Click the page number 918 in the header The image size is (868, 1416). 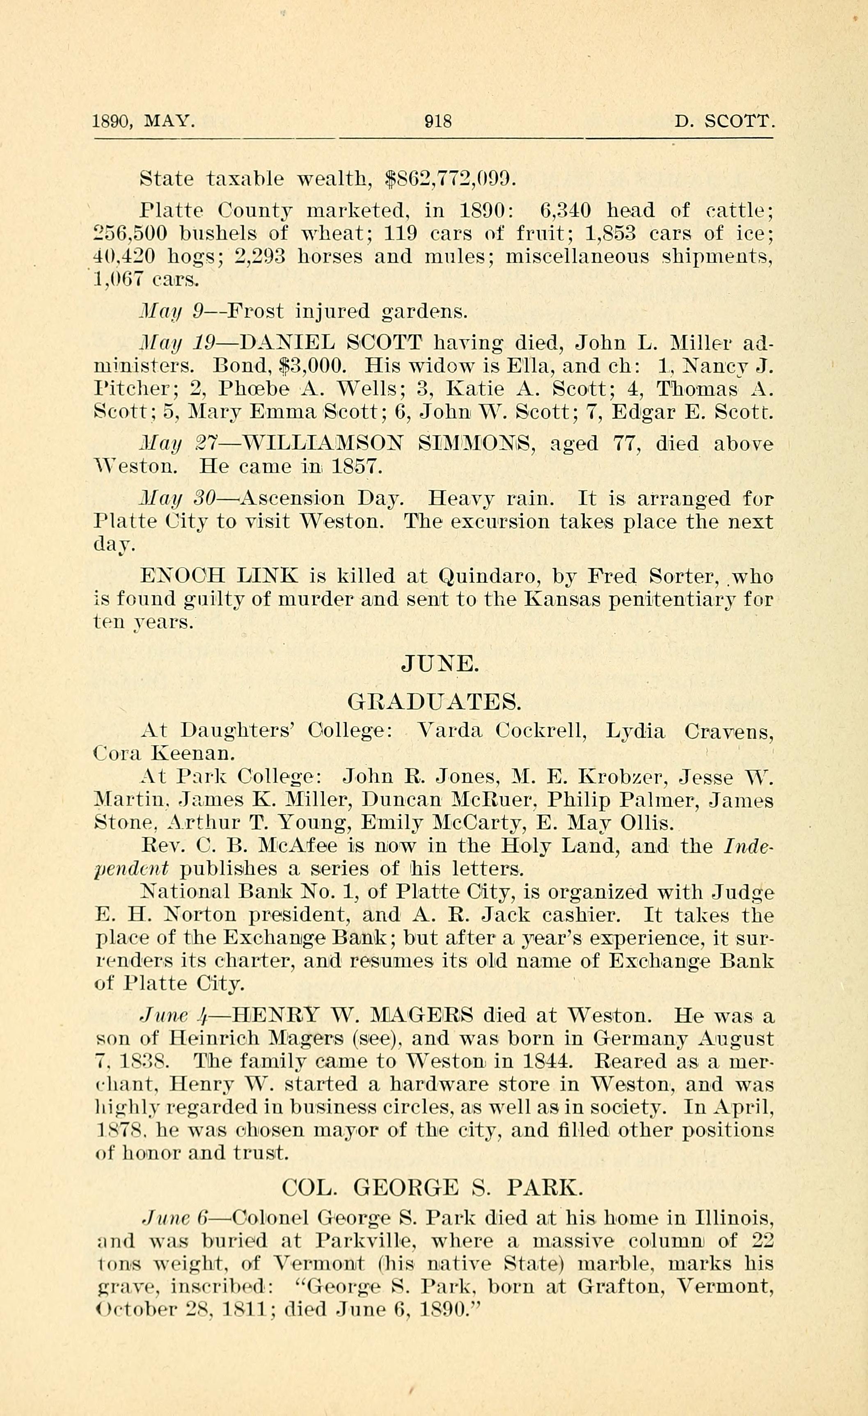pyautogui.click(x=438, y=122)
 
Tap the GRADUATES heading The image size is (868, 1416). pyautogui.click(x=435, y=702)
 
